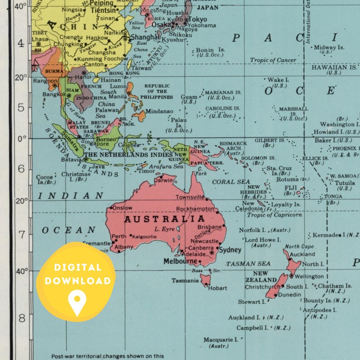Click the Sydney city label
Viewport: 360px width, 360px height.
230,250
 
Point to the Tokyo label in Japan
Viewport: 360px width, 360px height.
197,19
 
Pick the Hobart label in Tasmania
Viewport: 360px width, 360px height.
218,288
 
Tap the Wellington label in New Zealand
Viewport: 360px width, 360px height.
310,276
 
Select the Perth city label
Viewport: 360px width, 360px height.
119,236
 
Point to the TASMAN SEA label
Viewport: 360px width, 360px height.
248,264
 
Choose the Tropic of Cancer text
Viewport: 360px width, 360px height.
273,60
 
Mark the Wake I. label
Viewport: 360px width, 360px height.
277,80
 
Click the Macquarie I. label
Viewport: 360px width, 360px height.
221,340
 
